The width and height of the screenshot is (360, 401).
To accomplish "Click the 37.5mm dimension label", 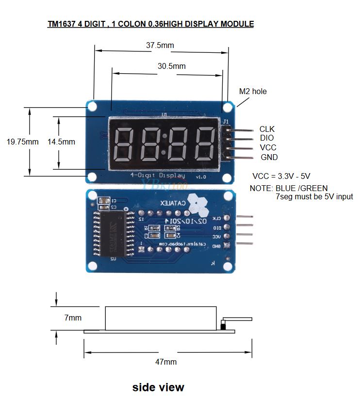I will (x=160, y=46).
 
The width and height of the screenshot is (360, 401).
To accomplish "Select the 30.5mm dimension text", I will (x=172, y=66).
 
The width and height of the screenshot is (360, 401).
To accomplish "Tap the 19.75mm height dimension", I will (x=22, y=142).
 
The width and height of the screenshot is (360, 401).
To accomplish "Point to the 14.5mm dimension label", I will (x=61, y=142).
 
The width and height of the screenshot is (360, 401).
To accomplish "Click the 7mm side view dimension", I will (x=73, y=318).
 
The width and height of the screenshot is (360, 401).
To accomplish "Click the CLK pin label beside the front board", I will (x=267, y=129).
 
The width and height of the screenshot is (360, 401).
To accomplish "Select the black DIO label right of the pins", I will (x=266, y=138).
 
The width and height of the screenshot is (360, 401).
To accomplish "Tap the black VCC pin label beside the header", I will (x=268, y=147).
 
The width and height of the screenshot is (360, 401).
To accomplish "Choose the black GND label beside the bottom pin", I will (x=269, y=157).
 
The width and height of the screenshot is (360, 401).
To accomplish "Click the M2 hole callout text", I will (x=253, y=91).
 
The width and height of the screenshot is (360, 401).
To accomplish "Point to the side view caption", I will (x=158, y=387).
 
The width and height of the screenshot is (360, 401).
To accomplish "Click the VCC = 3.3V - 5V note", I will (x=281, y=176).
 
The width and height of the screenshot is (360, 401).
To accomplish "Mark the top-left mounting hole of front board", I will (x=92, y=106).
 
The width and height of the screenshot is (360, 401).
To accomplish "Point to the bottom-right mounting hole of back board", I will (x=227, y=265).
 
